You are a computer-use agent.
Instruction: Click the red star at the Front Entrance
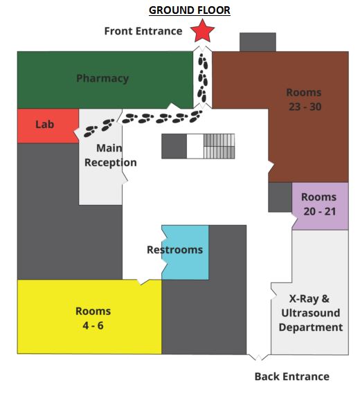(x=202, y=31)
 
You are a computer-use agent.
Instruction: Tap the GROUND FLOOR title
(x=190, y=10)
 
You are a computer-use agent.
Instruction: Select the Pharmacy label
(x=102, y=78)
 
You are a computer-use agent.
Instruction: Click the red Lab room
(x=48, y=126)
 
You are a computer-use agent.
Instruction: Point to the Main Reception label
(x=111, y=155)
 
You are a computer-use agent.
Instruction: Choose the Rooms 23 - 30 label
(x=305, y=100)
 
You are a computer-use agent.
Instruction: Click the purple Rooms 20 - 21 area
(x=321, y=206)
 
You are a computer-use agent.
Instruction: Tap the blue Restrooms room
(x=185, y=253)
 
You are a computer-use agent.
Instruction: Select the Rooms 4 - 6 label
(x=93, y=318)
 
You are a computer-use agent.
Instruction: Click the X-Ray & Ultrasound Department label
(x=311, y=313)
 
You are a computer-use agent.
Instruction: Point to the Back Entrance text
(x=291, y=377)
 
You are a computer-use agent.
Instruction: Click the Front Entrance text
(x=143, y=31)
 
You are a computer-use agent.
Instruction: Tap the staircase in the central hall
(x=219, y=146)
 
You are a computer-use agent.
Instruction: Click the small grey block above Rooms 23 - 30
(x=258, y=42)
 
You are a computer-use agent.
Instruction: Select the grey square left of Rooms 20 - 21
(x=280, y=197)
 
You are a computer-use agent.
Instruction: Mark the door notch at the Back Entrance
(x=258, y=357)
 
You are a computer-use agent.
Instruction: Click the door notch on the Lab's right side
(x=77, y=132)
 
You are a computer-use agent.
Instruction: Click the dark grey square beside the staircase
(x=174, y=146)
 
